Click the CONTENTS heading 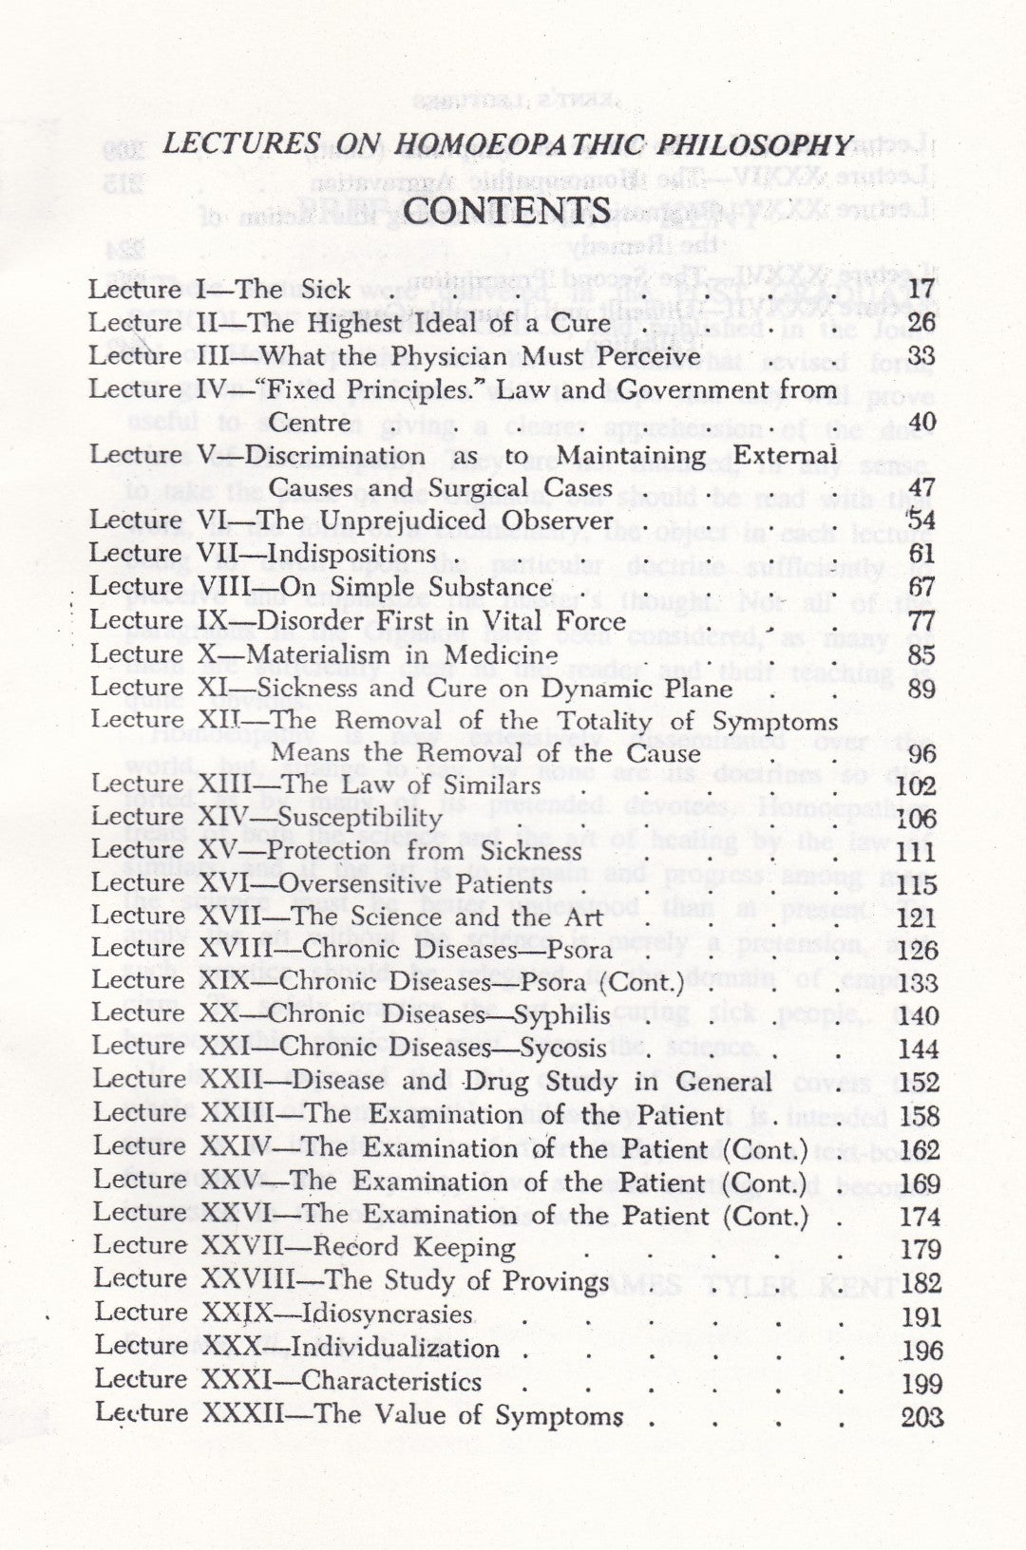pos(507,210)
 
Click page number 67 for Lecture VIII pos(921,588)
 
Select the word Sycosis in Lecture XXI pos(563,1048)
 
